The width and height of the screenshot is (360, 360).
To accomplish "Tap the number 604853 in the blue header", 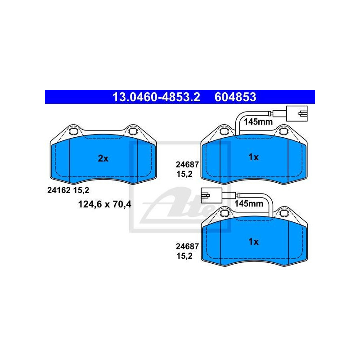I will pyautogui.click(x=235, y=97).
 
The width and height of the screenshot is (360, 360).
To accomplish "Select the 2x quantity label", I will pyautogui.click(x=103, y=158).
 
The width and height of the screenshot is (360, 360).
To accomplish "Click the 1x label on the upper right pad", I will pyautogui.click(x=253, y=157).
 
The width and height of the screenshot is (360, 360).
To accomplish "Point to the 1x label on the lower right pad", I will pyautogui.click(x=253, y=242).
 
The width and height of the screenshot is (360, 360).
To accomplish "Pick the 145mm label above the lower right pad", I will pyautogui.click(x=248, y=203).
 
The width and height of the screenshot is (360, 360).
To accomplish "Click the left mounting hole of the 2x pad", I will pyautogui.click(x=74, y=131).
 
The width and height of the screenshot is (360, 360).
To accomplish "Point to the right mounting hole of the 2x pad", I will pyautogui.click(x=133, y=131).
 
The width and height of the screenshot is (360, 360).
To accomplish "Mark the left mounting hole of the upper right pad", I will pyautogui.click(x=224, y=131).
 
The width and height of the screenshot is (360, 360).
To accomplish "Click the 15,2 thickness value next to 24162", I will pyautogui.click(x=81, y=190).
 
